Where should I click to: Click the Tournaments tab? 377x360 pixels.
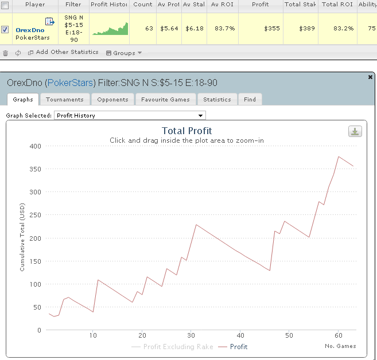(64, 99)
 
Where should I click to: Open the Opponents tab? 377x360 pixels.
(112, 99)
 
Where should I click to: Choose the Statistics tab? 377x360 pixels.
(217, 99)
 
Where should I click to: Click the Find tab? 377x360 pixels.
(250, 99)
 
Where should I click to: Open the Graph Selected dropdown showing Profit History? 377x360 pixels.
(129, 116)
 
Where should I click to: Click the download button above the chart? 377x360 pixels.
(355, 131)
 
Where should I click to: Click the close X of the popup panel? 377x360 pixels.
(370, 76)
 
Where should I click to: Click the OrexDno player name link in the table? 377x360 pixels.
(30, 30)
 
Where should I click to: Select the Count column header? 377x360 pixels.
(143, 4)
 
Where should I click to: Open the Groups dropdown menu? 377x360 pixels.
(123, 53)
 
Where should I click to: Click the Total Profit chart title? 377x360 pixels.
(186, 131)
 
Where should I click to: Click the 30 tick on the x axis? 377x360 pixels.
(191, 335)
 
